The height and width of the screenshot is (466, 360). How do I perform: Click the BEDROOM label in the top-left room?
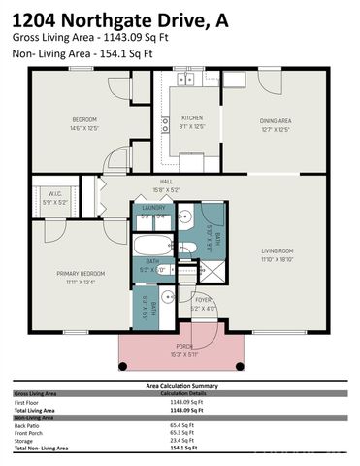[x=84, y=119]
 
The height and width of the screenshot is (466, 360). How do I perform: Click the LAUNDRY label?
[x=153, y=208]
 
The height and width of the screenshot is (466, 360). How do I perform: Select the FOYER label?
[x=203, y=300]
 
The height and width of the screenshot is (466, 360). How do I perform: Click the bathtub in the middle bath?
[x=153, y=244]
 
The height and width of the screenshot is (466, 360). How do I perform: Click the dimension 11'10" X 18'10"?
[x=277, y=259]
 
